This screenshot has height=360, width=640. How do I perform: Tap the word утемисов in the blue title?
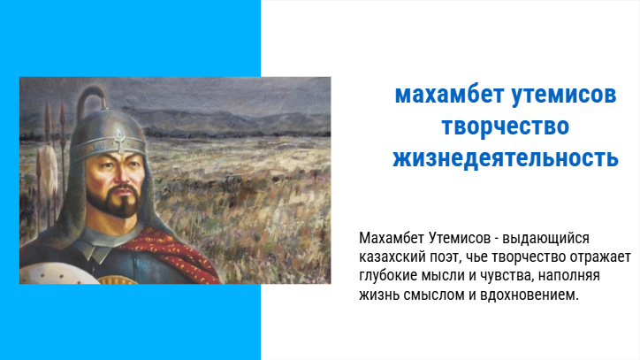pos(564,96)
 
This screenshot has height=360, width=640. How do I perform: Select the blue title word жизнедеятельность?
pos(506,158)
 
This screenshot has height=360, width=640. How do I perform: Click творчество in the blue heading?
pos(506,126)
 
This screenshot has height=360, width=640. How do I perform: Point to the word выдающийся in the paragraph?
pos(545,238)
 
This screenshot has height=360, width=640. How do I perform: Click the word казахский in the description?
pos(391,257)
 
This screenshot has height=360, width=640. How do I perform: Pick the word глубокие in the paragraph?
pos(388,276)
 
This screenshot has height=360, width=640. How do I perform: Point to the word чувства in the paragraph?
pos(507,276)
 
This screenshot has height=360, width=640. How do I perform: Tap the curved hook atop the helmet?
pos(92,97)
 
